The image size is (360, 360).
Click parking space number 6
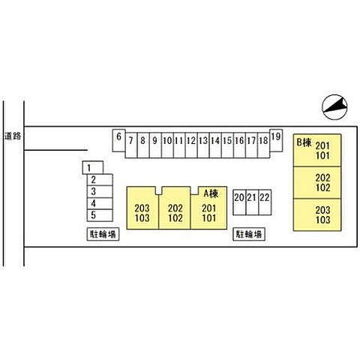[118, 140]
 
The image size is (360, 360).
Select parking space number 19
[276, 140]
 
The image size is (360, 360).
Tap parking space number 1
[93, 167]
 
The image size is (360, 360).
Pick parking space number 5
[100, 215]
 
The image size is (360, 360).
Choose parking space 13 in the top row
[203, 145]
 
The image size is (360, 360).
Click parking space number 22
[265, 202]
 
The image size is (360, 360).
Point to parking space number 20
[239, 202]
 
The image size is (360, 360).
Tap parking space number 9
[155, 145]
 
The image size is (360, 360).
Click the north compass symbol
[334, 107]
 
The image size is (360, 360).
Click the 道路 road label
[13, 136]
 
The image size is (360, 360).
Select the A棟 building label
[211, 193]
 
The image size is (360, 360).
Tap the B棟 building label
[304, 142]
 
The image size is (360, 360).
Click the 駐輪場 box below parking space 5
[103, 234]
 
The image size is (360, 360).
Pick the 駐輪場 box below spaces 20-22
[249, 234]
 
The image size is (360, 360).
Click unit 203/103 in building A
[142, 208]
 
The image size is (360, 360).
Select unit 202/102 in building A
[175, 208]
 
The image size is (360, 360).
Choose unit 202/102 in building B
[317, 183]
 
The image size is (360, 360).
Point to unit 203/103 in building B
[317, 214]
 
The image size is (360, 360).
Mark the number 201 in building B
[322, 145]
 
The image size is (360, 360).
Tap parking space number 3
[100, 191]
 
